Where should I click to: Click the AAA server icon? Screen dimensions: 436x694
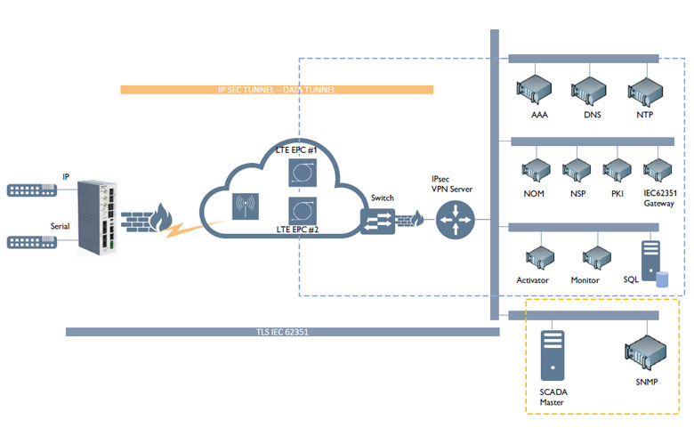pyautogui.click(x=536, y=90)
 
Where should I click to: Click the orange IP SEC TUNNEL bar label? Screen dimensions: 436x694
pyautogui.click(x=276, y=90)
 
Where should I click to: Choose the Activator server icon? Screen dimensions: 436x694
pyautogui.click(x=536, y=258)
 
